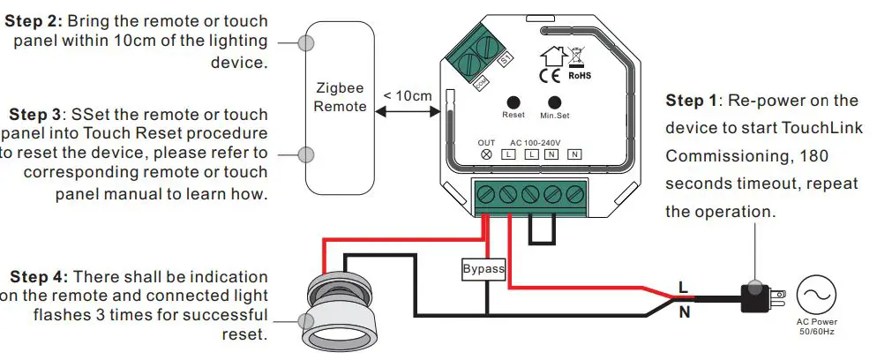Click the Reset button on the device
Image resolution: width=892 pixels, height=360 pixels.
click(x=513, y=102)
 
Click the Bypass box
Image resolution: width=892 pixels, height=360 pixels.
click(x=483, y=269)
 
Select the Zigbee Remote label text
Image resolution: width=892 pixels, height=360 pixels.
click(x=340, y=97)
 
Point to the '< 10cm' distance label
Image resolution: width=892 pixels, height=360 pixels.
click(x=408, y=95)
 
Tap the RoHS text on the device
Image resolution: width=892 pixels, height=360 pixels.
click(x=579, y=76)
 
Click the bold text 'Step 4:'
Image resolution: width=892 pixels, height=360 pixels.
click(x=34, y=277)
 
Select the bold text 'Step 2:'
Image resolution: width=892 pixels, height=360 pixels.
click(x=34, y=20)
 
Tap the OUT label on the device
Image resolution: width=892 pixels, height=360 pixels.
click(x=486, y=142)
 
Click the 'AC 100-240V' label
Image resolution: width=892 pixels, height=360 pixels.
click(x=536, y=142)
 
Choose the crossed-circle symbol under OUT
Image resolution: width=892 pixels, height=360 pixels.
click(x=486, y=154)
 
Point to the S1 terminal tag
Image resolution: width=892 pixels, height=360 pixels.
click(x=506, y=59)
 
